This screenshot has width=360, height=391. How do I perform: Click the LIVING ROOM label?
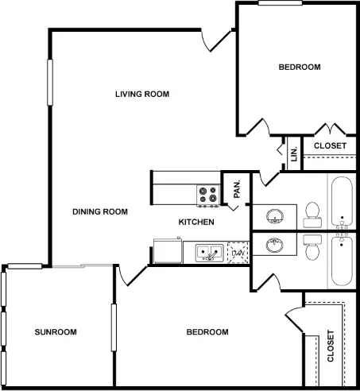point(142,94)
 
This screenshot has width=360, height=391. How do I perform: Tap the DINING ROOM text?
point(100,211)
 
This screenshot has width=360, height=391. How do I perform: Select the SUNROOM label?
point(56,332)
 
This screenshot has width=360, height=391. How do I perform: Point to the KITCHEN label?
point(196,222)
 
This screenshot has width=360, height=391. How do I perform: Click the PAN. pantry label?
point(237,189)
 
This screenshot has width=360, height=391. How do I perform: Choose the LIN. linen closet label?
point(294,154)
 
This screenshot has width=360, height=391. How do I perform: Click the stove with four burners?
point(208,195)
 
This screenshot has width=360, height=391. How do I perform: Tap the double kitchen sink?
point(209,253)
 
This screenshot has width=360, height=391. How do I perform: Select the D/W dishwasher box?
point(238,253)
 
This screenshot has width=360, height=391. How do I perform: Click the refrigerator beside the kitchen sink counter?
point(168,250)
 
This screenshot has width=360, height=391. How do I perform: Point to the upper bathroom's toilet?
point(312,215)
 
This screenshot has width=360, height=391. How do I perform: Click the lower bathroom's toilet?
point(312,247)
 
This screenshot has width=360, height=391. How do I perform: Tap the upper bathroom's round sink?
point(275,216)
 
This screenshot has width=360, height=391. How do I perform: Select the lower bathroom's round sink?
point(275,245)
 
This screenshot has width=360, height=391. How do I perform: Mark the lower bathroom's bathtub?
point(342,261)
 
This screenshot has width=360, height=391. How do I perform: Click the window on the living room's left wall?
point(50,83)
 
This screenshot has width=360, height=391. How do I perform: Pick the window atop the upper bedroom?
point(281,3)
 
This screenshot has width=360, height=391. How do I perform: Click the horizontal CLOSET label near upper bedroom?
point(330,145)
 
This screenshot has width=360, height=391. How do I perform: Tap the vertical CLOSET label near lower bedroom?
point(331,346)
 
